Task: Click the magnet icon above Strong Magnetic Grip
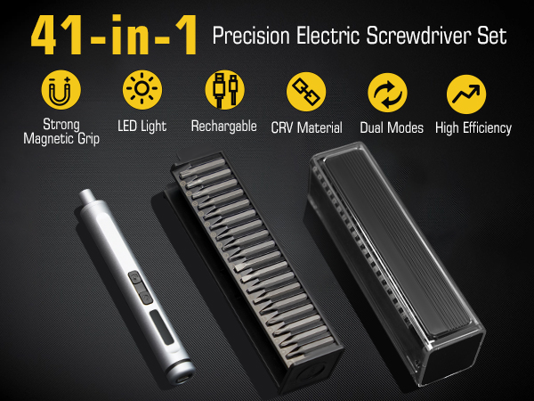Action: tap(61, 91)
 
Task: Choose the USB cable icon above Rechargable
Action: tap(223, 91)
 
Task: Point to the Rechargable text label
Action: tap(223, 127)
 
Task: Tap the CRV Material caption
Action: tap(306, 127)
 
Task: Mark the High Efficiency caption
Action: tap(473, 127)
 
